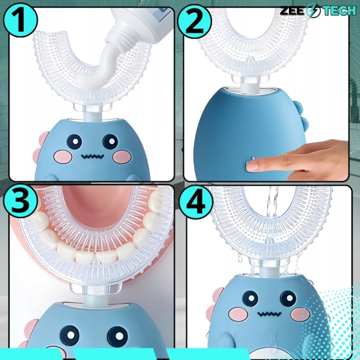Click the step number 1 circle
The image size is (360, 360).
pyautogui.click(x=20, y=20)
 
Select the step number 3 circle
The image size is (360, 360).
pyautogui.click(x=20, y=201)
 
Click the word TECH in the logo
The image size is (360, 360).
pyautogui.click(x=339, y=11)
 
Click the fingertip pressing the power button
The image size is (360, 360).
pyautogui.click(x=252, y=166)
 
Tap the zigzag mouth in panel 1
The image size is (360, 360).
pyautogui.click(x=92, y=156)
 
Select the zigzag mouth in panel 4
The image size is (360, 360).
pyautogui.click(x=269, y=314)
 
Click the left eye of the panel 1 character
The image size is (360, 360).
pyautogui.click(x=74, y=142)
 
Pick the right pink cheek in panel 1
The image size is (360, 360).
pyautogui.click(x=122, y=157)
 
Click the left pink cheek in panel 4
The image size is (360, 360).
pyautogui.click(x=238, y=314)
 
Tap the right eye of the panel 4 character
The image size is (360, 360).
pyautogui.click(x=288, y=298)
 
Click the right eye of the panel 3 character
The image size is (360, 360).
pyautogui.click(x=117, y=336)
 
